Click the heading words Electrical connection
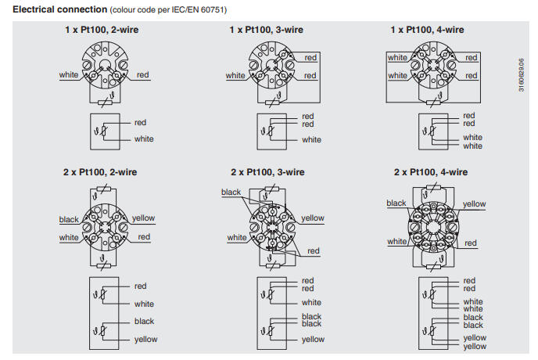tap(54, 9)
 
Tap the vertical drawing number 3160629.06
tap(522, 74)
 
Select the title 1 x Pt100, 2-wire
tap(103, 29)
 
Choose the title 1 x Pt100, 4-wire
tap(427, 29)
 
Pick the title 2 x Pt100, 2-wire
tap(103, 171)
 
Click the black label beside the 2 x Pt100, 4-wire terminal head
tap(396, 203)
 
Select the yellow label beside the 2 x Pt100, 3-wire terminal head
tap(312, 218)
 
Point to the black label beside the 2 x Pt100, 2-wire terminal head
tap(69, 219)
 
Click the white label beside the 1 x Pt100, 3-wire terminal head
tap(235, 76)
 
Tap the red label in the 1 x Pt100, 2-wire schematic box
tap(141, 122)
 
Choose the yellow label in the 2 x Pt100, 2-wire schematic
tap(145, 339)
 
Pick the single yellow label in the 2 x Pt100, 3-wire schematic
tap(313, 340)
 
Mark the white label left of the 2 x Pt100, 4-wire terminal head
tap(396, 242)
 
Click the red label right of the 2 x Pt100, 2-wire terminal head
tap(144, 236)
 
